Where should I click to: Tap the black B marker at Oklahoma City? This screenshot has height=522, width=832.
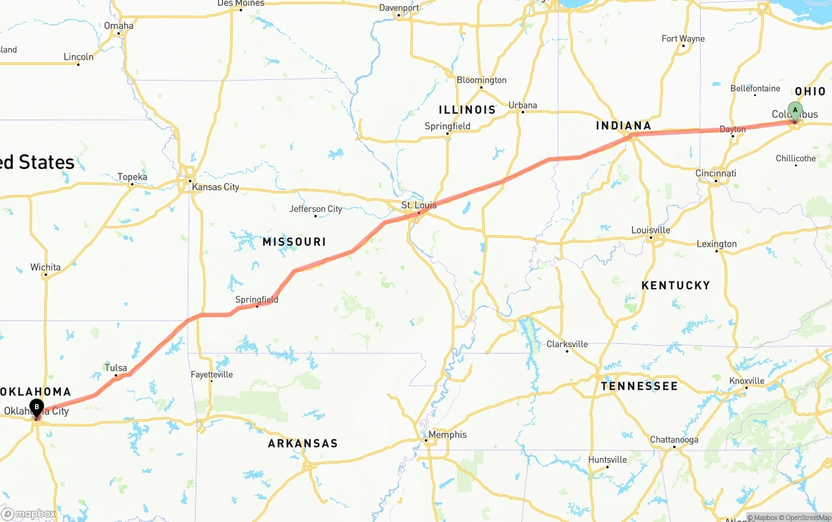[37, 408]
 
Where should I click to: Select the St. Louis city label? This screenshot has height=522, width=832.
[419, 205]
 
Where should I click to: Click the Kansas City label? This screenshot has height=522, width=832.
[215, 187]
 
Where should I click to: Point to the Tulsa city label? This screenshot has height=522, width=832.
[116, 368]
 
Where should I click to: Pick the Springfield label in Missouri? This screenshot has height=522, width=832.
[257, 300]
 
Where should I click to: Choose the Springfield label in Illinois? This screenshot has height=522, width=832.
[447, 126]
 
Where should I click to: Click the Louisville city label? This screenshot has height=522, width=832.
[651, 230]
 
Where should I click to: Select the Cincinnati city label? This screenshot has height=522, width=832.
[716, 174]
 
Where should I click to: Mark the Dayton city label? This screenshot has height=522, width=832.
[733, 129]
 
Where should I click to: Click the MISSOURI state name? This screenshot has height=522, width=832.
[294, 242]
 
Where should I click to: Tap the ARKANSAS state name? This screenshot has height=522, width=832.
[303, 443]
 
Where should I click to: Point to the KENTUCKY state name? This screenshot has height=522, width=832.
[675, 285]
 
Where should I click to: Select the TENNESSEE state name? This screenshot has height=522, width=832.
[639, 386]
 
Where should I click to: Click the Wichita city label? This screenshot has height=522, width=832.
[45, 267]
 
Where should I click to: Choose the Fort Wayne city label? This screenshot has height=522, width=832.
[682, 39]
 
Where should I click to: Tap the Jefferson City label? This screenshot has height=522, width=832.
[315, 209]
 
